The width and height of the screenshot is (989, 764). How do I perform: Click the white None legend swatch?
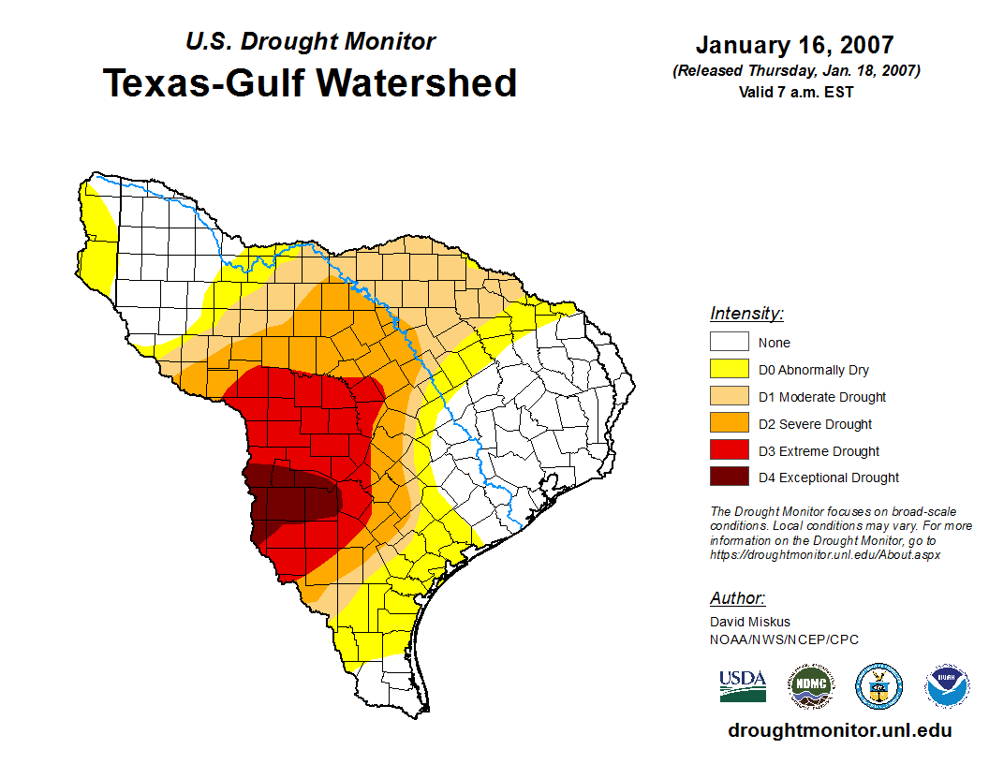click(x=729, y=343)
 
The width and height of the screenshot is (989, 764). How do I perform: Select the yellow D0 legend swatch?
click(x=729, y=370)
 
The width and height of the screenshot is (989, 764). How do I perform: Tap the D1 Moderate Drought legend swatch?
click(x=729, y=397)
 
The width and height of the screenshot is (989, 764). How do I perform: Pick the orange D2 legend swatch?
click(x=729, y=424)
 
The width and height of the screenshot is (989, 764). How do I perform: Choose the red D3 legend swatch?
click(x=729, y=451)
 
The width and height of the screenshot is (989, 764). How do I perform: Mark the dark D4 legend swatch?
click(x=729, y=477)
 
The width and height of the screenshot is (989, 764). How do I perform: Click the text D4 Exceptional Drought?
click(x=829, y=477)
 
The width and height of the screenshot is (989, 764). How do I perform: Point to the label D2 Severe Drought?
click(x=815, y=424)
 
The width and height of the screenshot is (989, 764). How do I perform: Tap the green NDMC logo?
click(x=810, y=686)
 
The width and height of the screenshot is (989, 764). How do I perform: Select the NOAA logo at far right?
click(x=948, y=686)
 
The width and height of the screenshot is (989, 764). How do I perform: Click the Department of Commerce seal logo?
click(x=879, y=686)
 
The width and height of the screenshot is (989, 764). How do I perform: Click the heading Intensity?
click(x=746, y=314)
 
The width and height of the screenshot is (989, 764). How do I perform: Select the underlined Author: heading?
click(x=737, y=598)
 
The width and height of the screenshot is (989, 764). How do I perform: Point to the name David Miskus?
click(x=750, y=622)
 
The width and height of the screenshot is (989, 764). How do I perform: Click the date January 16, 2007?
click(x=794, y=45)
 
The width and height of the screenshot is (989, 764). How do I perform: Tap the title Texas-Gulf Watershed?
click(x=310, y=82)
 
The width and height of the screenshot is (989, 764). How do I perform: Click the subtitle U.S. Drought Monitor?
click(x=310, y=42)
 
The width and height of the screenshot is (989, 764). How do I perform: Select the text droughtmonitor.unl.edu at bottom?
click(x=839, y=731)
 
